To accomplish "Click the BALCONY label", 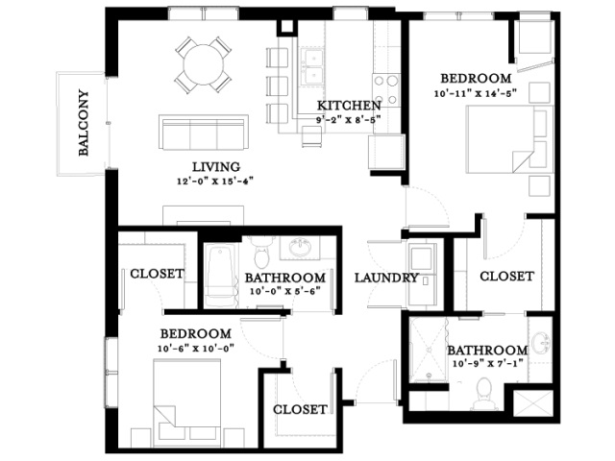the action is [84, 123].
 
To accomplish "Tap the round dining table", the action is [203, 64].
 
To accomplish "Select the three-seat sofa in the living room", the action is [204, 133].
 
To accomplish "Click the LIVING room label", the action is [216, 167].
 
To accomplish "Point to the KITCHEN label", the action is [349, 106].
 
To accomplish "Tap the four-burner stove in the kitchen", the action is [386, 89].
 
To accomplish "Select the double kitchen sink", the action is [312, 66].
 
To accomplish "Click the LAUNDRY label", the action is [386, 278].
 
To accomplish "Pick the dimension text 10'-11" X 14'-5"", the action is [476, 94].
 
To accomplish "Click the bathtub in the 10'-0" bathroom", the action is [221, 277].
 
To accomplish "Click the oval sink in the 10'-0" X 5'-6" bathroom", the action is [300, 248].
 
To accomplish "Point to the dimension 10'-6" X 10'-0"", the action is [196, 349].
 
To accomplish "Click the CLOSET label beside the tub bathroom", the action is [157, 274].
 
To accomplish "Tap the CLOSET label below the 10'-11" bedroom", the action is [506, 277].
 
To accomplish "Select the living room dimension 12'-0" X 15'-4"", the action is [215, 182].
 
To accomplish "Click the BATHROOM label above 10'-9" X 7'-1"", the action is [487, 350].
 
